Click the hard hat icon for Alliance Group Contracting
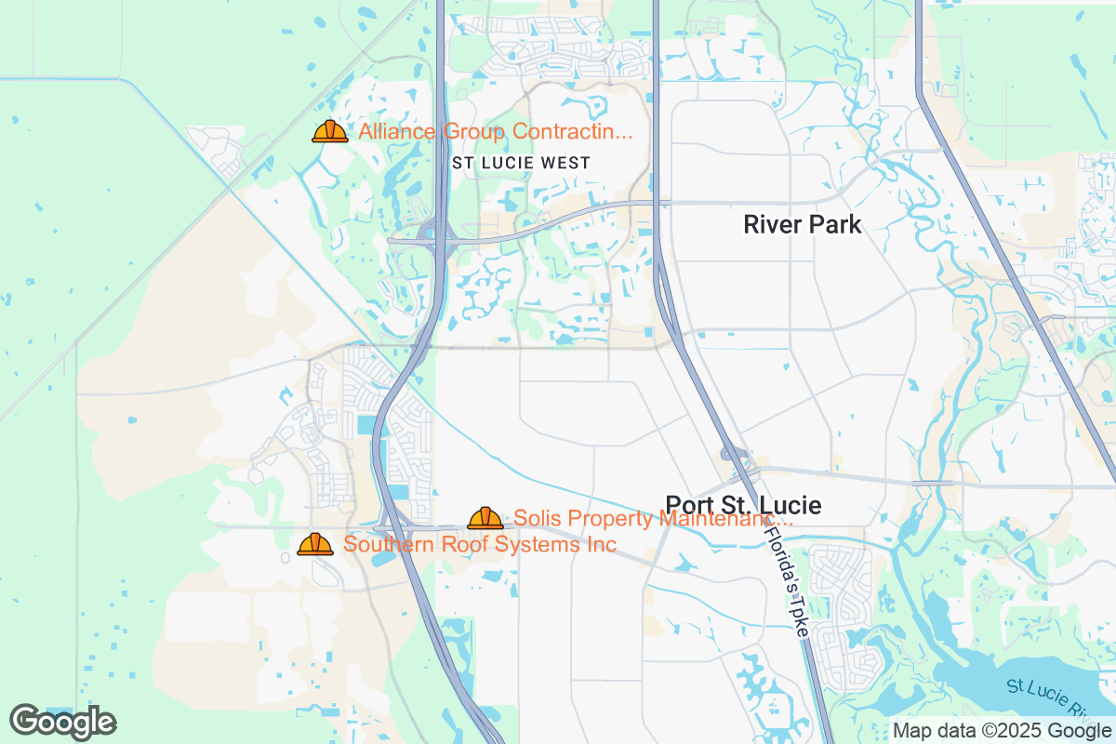(x=329, y=132)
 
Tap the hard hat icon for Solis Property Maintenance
(x=485, y=518)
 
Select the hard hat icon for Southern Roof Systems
(x=315, y=544)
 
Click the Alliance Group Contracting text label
(x=495, y=132)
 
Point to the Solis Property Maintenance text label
(x=653, y=518)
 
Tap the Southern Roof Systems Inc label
(x=479, y=544)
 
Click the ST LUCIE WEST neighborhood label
(x=521, y=163)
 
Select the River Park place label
(x=803, y=224)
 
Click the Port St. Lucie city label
(x=743, y=506)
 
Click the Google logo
(x=62, y=722)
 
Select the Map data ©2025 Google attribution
(x=1001, y=730)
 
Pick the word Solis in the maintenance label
(x=536, y=518)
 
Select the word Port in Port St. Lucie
(x=688, y=506)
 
